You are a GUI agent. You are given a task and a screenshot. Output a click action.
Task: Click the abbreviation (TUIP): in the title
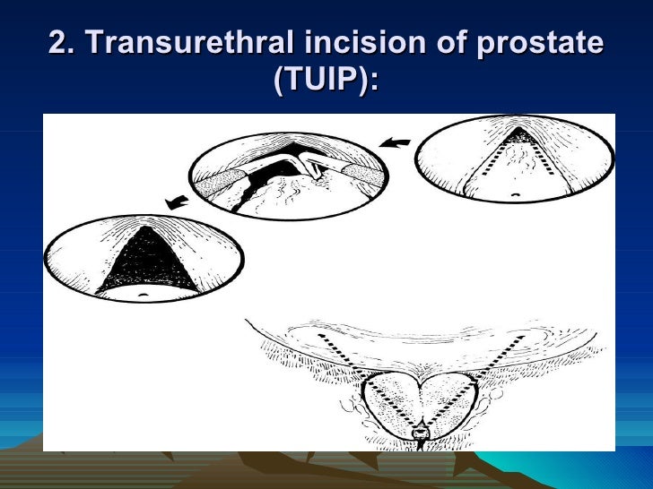326,83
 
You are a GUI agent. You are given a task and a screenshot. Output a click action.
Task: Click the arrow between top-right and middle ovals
396,141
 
